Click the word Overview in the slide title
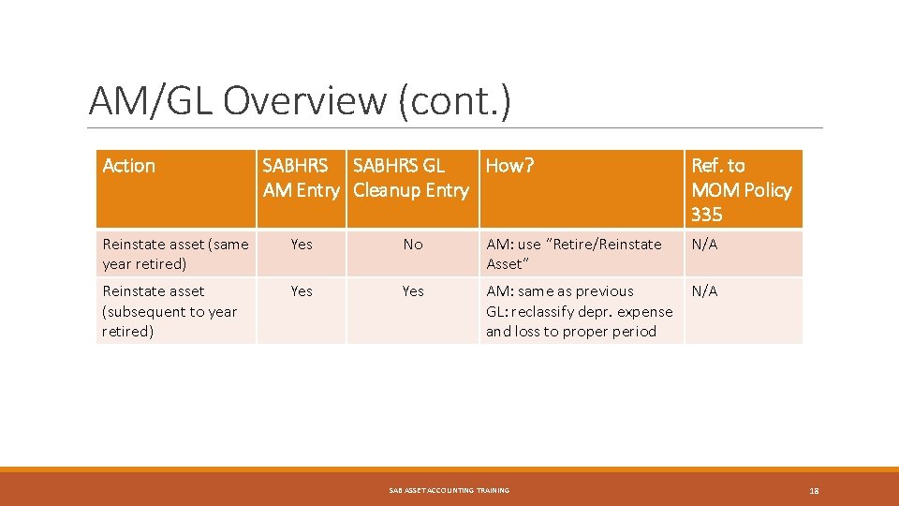click(303, 100)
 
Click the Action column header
click(128, 166)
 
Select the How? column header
click(509, 166)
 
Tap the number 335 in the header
click(706, 215)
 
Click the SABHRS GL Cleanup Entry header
click(410, 178)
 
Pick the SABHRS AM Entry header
click(300, 178)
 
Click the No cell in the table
click(413, 244)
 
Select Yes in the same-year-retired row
click(302, 244)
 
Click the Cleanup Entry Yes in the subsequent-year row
click(413, 291)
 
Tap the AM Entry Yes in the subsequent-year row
click(302, 291)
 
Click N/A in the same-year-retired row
click(704, 244)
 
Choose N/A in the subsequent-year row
click(704, 291)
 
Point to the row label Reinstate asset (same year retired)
click(175, 254)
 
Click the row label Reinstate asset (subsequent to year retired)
click(169, 311)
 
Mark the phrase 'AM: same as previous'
click(559, 291)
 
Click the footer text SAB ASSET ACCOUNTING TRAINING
click(449, 490)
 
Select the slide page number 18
click(814, 490)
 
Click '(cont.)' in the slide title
click(455, 100)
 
